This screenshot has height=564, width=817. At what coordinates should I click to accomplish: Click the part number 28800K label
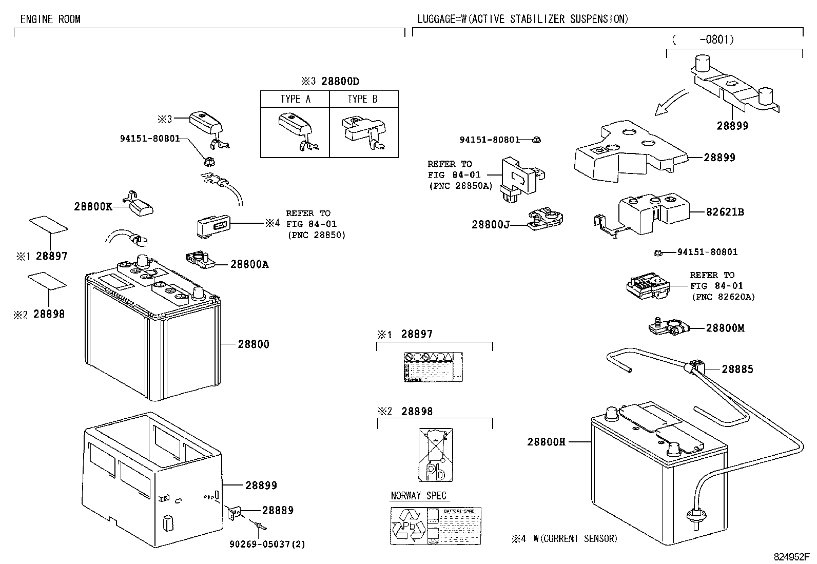[x=93, y=206]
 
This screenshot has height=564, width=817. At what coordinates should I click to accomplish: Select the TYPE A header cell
[x=295, y=99]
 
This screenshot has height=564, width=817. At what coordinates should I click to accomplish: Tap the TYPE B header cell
[x=363, y=99]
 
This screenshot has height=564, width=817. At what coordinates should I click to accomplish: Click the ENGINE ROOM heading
[x=50, y=20]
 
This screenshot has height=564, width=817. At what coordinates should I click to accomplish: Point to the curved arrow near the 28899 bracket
[x=671, y=103]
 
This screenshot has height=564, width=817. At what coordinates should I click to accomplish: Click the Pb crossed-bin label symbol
[x=435, y=455]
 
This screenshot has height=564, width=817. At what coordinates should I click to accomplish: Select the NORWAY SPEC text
[x=419, y=496]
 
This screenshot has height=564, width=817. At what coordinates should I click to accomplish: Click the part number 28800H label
[x=546, y=441]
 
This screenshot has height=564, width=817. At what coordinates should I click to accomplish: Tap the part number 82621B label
[x=725, y=211]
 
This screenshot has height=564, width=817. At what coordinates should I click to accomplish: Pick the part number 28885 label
[x=737, y=369]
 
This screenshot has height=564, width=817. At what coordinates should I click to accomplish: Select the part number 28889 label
[x=278, y=510]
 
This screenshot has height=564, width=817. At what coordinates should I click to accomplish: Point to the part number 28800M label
[x=725, y=328]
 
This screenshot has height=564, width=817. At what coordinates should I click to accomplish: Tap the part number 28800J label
[x=490, y=224]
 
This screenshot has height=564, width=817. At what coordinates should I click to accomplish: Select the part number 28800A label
[x=249, y=264]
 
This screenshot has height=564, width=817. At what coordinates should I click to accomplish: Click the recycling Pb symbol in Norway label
[x=408, y=526]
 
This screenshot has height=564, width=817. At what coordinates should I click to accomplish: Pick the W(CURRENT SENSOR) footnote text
[x=575, y=538]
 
